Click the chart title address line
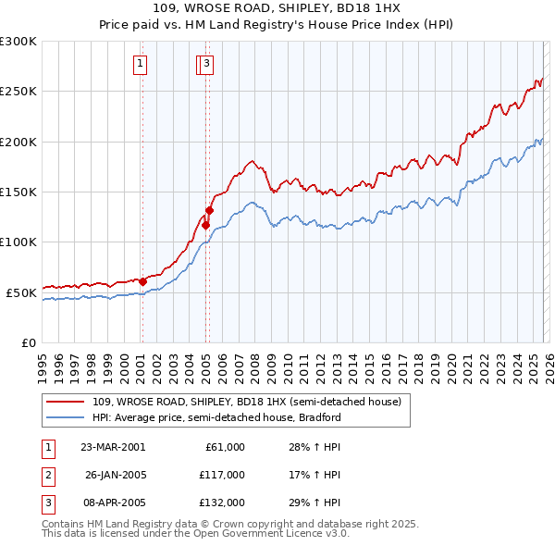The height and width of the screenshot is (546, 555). [x=277, y=9]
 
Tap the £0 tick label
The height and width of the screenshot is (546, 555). [x=28, y=342]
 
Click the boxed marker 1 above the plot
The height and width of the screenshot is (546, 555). [x=140, y=64]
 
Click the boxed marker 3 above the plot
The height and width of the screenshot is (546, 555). [x=206, y=64]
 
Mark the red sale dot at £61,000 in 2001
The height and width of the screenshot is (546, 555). [x=143, y=281]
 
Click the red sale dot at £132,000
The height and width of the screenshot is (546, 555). [x=209, y=211]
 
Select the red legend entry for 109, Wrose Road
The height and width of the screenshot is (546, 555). [x=246, y=402]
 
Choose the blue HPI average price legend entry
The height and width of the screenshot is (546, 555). [x=216, y=417]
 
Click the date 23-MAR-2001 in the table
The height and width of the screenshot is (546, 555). [x=112, y=447]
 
